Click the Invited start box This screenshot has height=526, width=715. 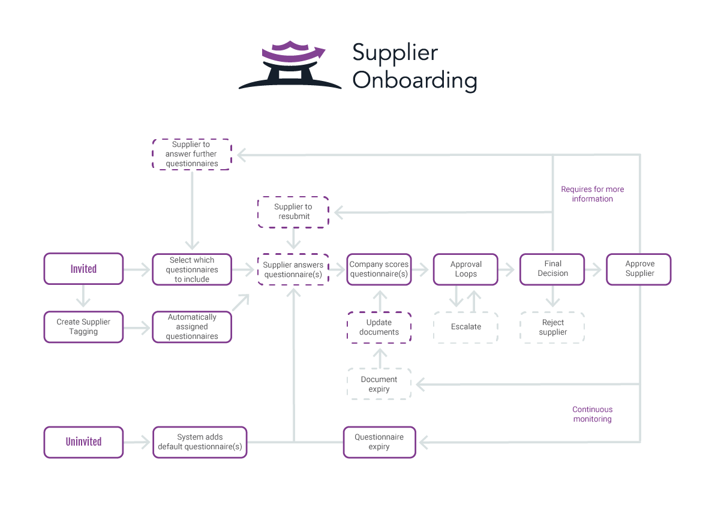83,269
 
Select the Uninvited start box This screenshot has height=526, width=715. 83,442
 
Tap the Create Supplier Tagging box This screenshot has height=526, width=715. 83,327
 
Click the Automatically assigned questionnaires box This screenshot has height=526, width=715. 192,327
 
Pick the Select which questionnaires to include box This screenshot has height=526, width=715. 192,269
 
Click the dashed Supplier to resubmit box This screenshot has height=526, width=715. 293,212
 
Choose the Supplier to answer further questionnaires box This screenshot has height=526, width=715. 192,154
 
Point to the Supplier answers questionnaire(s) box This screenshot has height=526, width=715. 293,269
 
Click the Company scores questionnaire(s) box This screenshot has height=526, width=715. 379,269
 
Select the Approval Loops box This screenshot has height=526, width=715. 466,269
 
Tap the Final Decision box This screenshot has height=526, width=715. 552,269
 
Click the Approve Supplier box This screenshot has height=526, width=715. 639,269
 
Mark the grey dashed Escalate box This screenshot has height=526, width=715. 466,327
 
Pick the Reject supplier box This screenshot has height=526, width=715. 552,327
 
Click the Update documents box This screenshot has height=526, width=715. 379,327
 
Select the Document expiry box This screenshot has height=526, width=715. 379,384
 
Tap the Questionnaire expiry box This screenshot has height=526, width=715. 379,442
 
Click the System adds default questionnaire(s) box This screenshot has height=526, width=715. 200,442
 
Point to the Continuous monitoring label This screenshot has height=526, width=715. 592,414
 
